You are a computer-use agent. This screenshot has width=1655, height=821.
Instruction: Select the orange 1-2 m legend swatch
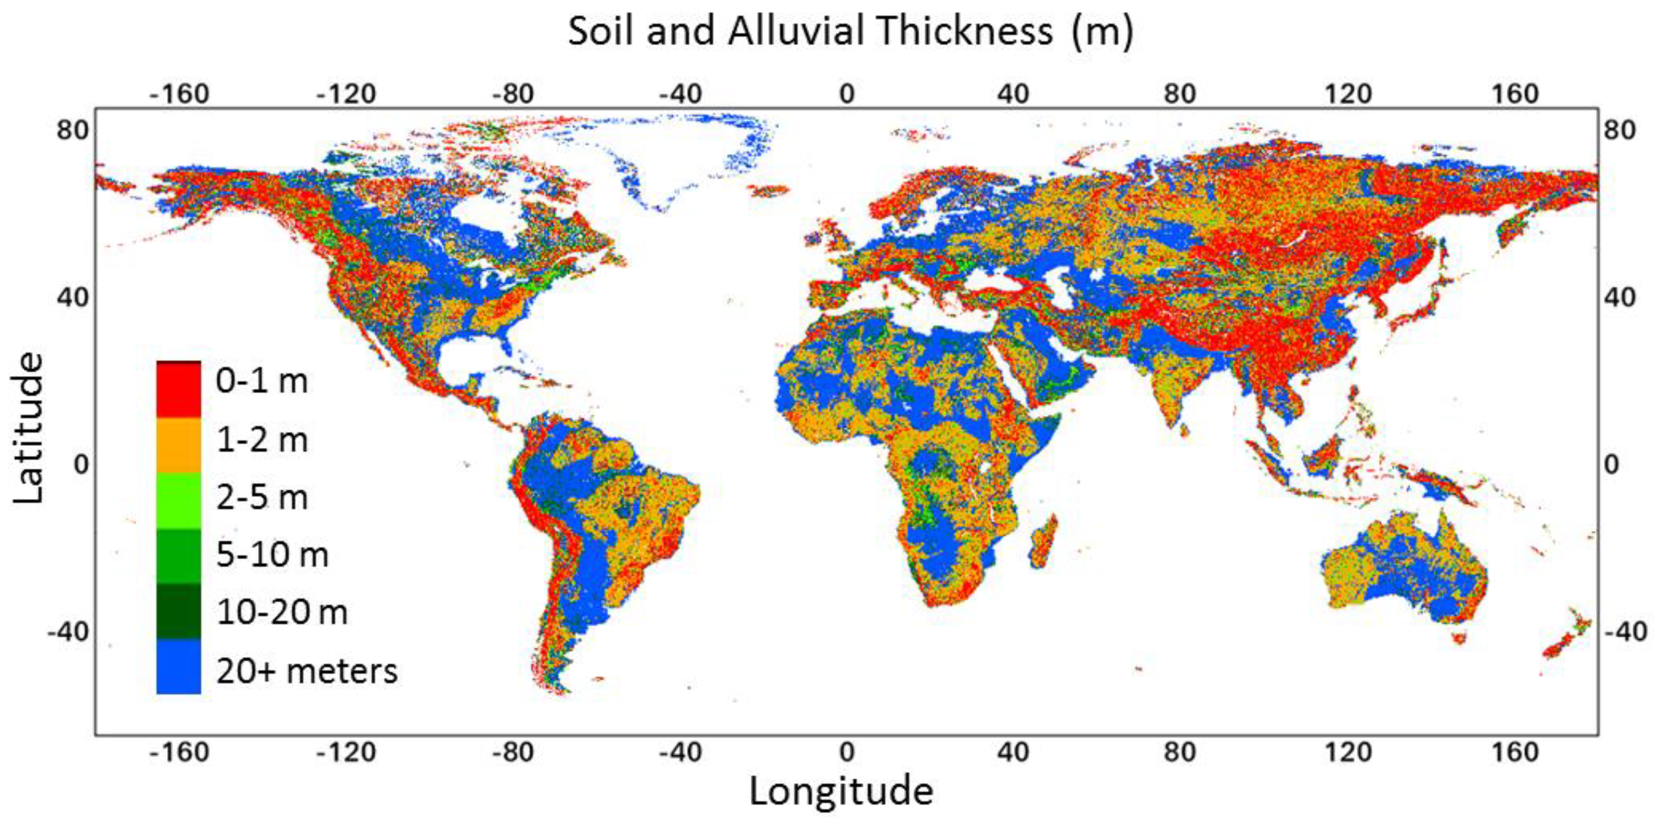point(178,445)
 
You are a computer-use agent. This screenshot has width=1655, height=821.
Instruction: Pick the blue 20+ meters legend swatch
point(178,666)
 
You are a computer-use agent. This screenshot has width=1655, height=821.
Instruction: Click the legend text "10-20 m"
point(282,612)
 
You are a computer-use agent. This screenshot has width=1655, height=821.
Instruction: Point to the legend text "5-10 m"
point(272,555)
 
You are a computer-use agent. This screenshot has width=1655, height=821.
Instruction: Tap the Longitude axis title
point(841,791)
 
